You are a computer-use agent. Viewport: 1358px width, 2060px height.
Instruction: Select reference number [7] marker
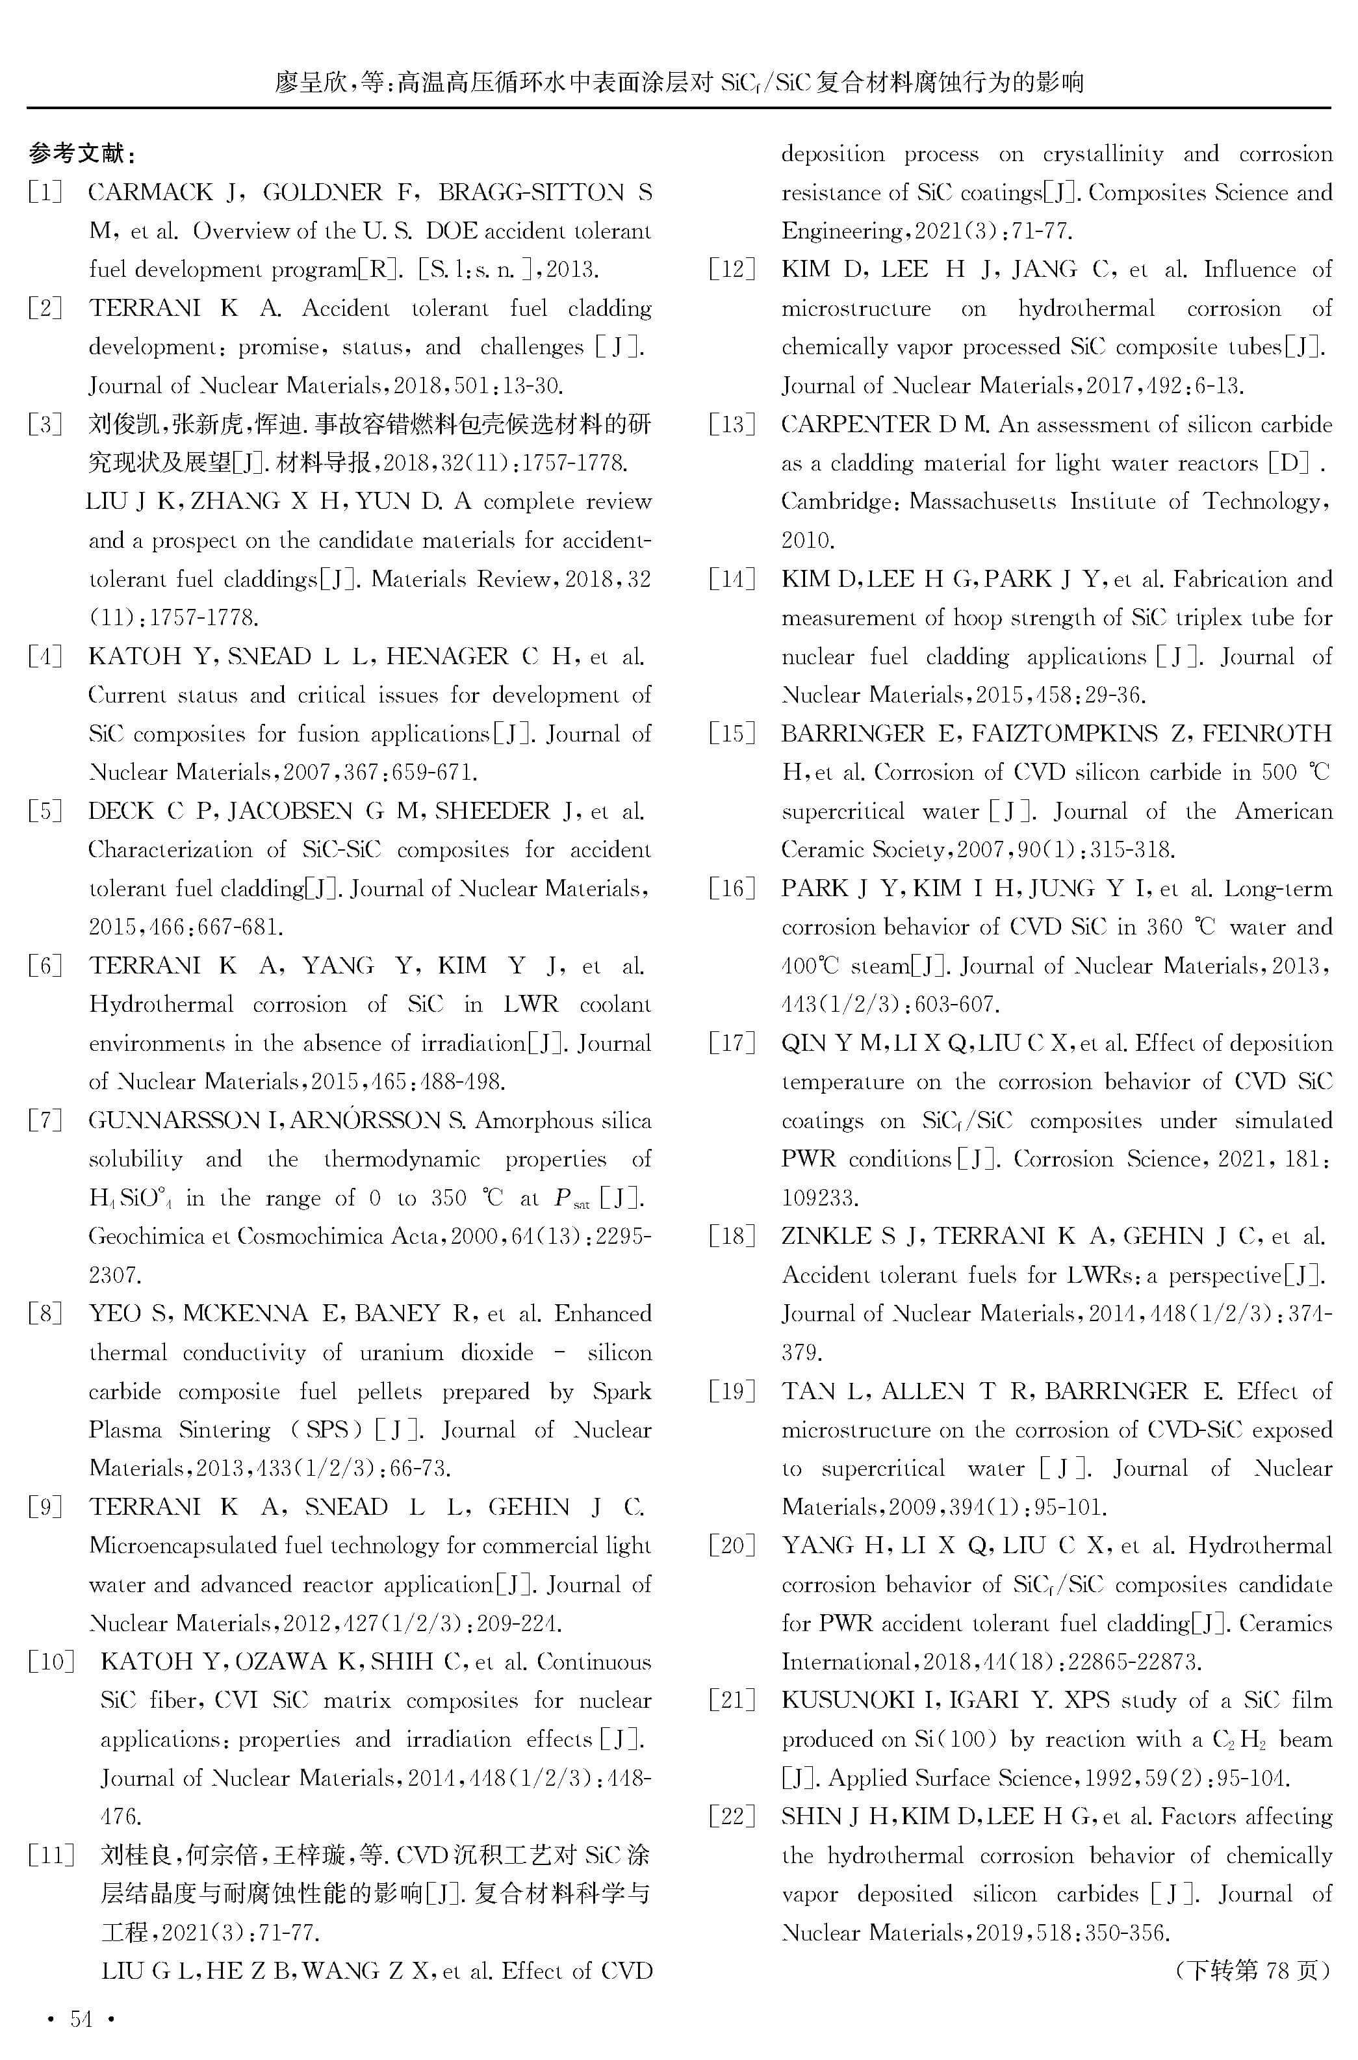45,1120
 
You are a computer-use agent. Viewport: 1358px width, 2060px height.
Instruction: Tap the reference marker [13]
732,424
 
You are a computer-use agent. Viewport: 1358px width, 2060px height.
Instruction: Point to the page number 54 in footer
81,2019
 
